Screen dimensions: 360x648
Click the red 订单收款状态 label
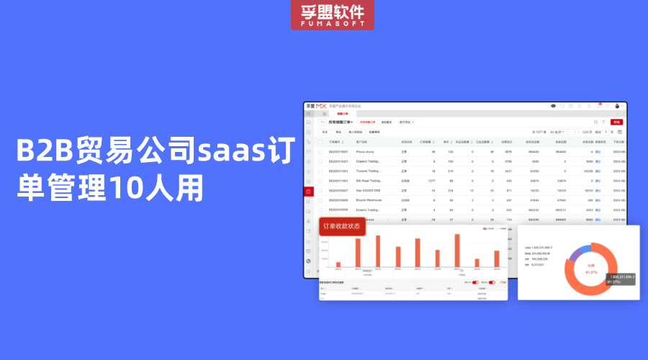[342, 227]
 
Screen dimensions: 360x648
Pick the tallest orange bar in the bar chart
[457, 251]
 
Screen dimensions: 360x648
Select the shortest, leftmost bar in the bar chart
[338, 264]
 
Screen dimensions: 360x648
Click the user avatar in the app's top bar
[617, 106]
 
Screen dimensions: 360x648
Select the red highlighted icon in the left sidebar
[309, 191]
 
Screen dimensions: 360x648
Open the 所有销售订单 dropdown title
[341, 122]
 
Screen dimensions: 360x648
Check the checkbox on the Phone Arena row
[321, 152]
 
